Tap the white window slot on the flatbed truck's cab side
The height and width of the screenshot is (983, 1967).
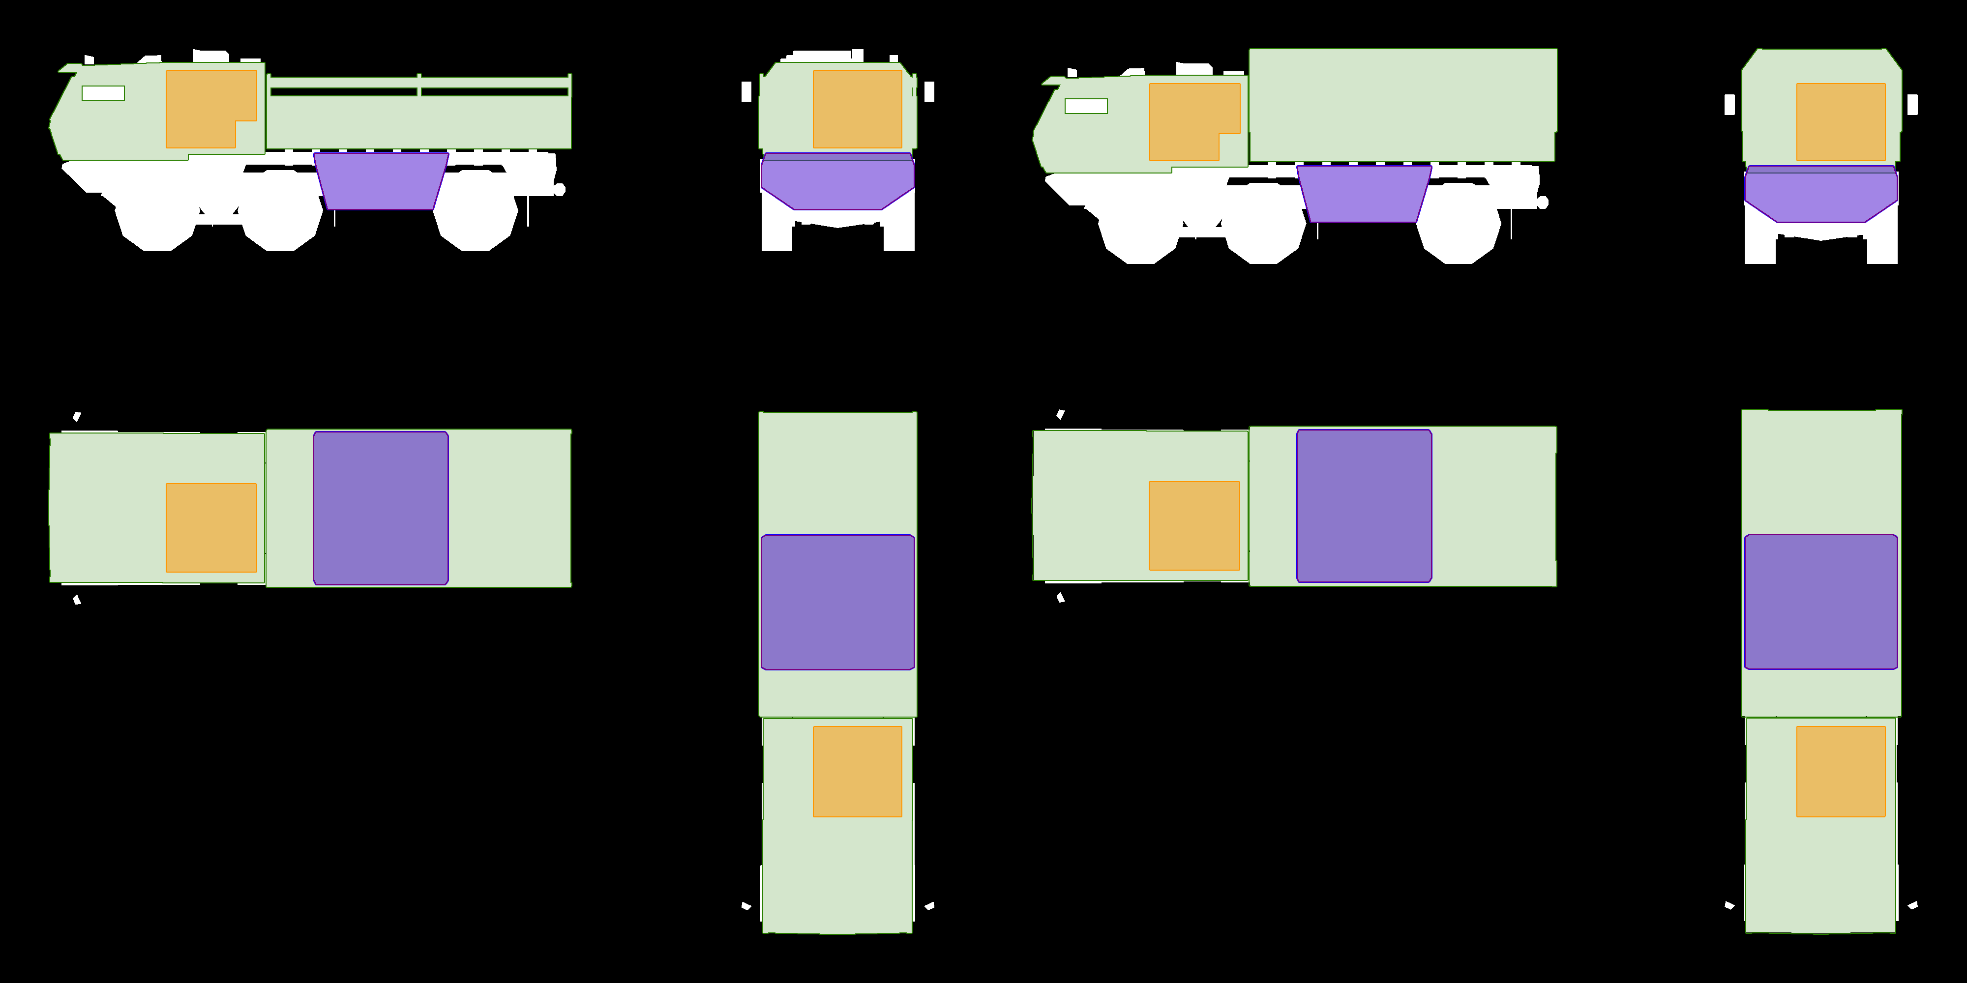pos(103,93)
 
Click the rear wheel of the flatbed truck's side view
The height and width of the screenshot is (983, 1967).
pos(475,221)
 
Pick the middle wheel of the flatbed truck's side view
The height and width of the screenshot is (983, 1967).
pos(280,221)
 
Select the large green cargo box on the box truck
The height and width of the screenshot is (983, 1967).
pos(1402,105)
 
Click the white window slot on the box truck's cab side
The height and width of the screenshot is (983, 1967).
pos(1086,106)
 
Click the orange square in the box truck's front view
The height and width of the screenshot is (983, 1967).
pos(1840,122)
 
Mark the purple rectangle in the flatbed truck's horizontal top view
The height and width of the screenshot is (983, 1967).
pos(380,508)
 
